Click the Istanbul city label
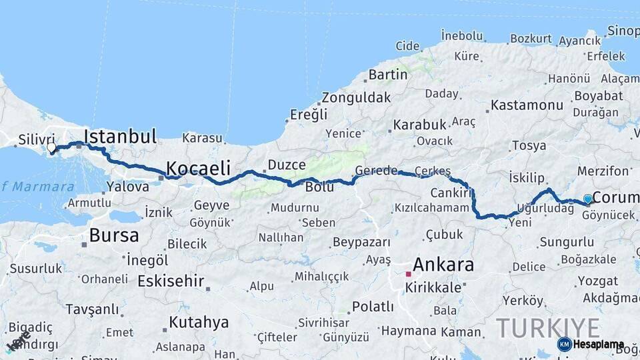[120, 137]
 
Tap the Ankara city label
[443, 265]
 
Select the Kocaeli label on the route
[198, 167]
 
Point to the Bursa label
[114, 235]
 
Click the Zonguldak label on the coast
[356, 98]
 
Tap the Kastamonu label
[527, 105]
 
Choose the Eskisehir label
[171, 281]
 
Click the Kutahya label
[199, 323]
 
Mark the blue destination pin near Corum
[587, 199]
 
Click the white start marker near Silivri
[51, 147]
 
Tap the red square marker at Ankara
[409, 273]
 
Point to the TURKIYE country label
[547, 328]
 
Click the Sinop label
[623, 31]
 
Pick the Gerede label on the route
[376, 170]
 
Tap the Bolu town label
[319, 187]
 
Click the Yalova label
[127, 187]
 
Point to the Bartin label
[387, 75]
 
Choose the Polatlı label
[373, 307]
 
